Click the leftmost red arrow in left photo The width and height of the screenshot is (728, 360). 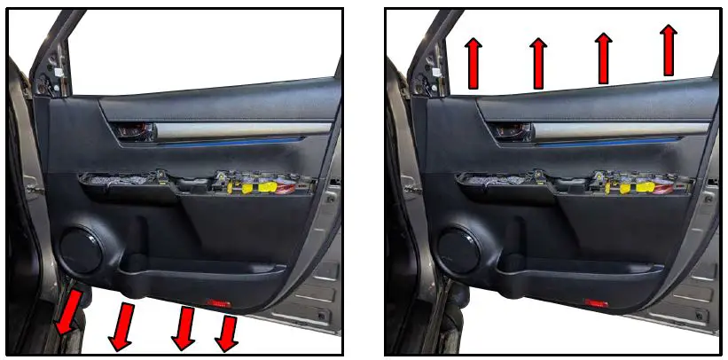coord(68,313)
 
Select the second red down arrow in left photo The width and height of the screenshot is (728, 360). coord(122,325)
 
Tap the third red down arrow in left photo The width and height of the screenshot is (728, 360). coord(184,326)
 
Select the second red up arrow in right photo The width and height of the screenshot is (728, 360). coord(538,62)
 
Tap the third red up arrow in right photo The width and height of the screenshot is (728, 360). coord(604,58)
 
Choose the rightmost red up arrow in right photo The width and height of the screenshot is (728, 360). coord(669,50)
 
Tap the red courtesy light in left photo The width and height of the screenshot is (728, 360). coord(218,302)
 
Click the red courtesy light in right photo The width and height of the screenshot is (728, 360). coord(596,302)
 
